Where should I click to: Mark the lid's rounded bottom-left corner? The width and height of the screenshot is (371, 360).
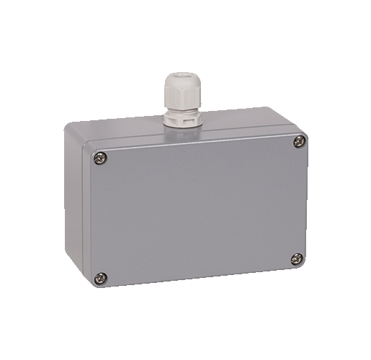point(94,282)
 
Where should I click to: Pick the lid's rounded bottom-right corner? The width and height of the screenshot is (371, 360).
point(303,265)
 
